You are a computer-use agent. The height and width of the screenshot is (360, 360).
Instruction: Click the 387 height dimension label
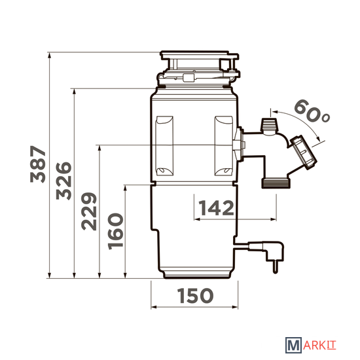(x=38, y=164)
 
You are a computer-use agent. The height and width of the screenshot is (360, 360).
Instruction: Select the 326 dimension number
(x=63, y=181)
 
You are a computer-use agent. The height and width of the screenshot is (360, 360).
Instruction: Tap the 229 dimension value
(x=89, y=211)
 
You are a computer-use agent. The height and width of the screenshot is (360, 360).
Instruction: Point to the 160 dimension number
(x=115, y=231)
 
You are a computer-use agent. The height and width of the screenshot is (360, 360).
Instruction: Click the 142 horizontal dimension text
(x=216, y=207)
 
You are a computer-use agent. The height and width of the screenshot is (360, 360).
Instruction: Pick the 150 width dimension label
(x=195, y=295)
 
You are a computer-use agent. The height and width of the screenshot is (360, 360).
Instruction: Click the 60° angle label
(x=312, y=111)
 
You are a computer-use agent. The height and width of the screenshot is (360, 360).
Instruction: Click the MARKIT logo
(x=311, y=345)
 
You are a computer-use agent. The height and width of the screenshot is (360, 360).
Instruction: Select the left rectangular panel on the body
(x=164, y=146)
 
